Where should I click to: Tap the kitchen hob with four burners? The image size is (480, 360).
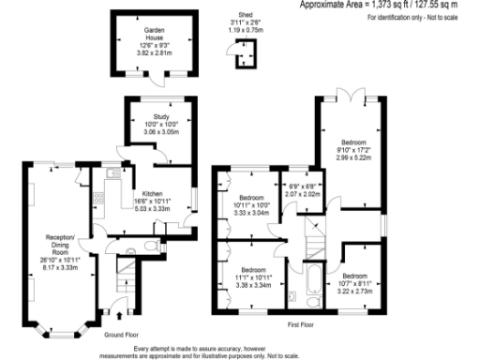tap(97, 199)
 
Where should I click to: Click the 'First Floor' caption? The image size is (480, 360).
tap(301, 324)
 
